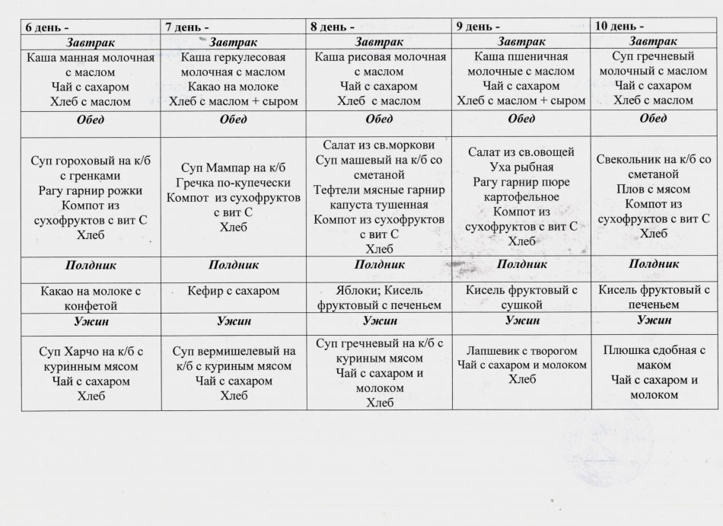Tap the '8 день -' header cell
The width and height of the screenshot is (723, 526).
coord(333,26)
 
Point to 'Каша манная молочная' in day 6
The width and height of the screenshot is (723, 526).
coord(91,58)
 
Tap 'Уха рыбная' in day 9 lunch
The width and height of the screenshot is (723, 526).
coord(522,167)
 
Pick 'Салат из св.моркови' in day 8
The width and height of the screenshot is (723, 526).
coord(374,145)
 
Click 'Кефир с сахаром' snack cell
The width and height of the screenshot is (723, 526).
coord(233,290)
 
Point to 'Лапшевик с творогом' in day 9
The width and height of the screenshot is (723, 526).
coord(522,350)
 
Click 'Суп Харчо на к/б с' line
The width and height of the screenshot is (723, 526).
coord(91,352)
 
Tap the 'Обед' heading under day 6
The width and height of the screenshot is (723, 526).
coord(91,120)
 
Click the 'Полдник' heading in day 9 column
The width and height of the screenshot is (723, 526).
coord(522,263)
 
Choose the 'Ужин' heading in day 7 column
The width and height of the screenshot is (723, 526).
coord(233,322)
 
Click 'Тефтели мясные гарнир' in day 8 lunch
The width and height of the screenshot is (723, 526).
coord(374,190)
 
